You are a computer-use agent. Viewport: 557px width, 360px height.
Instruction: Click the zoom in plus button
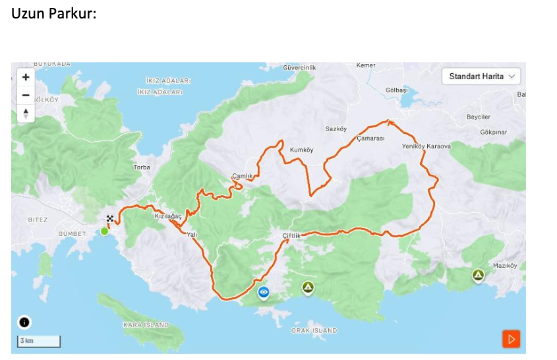26,76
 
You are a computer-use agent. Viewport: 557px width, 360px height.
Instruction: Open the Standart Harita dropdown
481,76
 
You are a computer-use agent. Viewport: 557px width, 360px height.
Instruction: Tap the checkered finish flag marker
110,218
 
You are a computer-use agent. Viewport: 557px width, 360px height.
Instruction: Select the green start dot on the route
104,231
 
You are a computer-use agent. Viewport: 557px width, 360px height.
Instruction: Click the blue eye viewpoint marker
264,291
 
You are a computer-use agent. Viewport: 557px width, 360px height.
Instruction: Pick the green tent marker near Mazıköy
478,275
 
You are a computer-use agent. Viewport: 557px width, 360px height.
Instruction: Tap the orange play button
511,339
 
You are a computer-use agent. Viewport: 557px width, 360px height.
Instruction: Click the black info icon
24,322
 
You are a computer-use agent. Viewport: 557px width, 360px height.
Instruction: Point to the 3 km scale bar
39,341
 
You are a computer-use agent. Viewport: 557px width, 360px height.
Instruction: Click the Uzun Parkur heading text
54,13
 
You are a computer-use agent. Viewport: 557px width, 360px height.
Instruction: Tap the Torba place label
142,167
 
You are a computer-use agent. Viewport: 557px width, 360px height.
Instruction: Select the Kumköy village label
301,150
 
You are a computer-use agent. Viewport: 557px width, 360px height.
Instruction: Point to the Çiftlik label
291,236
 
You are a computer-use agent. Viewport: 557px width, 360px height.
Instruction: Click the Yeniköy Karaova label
426,146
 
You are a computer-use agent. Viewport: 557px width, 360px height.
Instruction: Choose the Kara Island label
146,325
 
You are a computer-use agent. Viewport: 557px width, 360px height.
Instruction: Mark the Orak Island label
314,330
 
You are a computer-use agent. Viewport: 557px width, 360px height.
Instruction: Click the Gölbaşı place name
396,90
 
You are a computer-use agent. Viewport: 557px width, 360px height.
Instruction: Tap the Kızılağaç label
167,216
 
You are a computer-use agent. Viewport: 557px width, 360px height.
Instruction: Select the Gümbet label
72,234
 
